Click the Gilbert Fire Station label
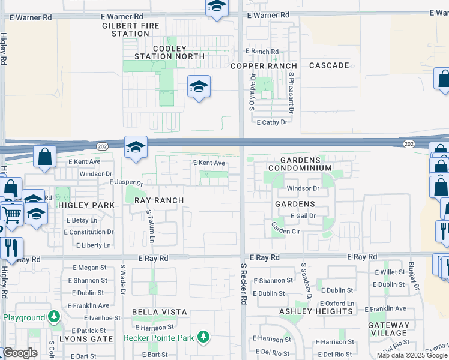[x=125, y=29]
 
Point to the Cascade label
[x=329, y=65]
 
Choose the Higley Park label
[x=86, y=205]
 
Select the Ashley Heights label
[x=316, y=311]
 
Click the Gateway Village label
[x=389, y=329]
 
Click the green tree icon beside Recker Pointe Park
[x=204, y=337]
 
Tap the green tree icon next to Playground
[x=54, y=316]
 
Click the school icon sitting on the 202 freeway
[x=136, y=146]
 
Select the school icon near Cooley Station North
[x=199, y=86]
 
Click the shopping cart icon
[x=12, y=214]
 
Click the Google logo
[x=20, y=352]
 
